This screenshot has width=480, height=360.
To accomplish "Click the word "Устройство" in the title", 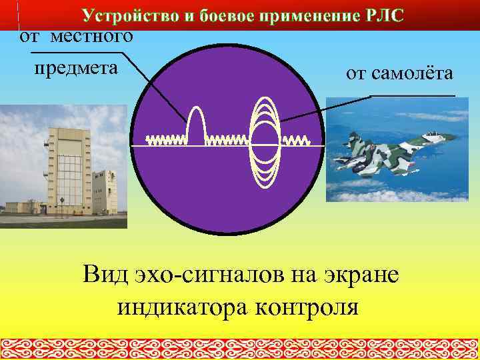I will coord(127,15).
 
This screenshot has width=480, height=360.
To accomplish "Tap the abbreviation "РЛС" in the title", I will coord(381,15).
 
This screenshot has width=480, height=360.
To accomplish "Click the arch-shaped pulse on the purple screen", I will coord(196,123).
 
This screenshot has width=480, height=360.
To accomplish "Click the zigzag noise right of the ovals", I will coord(296,141).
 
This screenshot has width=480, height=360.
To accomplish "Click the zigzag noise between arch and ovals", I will coord(226,141).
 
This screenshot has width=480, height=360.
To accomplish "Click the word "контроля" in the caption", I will coord(307,308).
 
